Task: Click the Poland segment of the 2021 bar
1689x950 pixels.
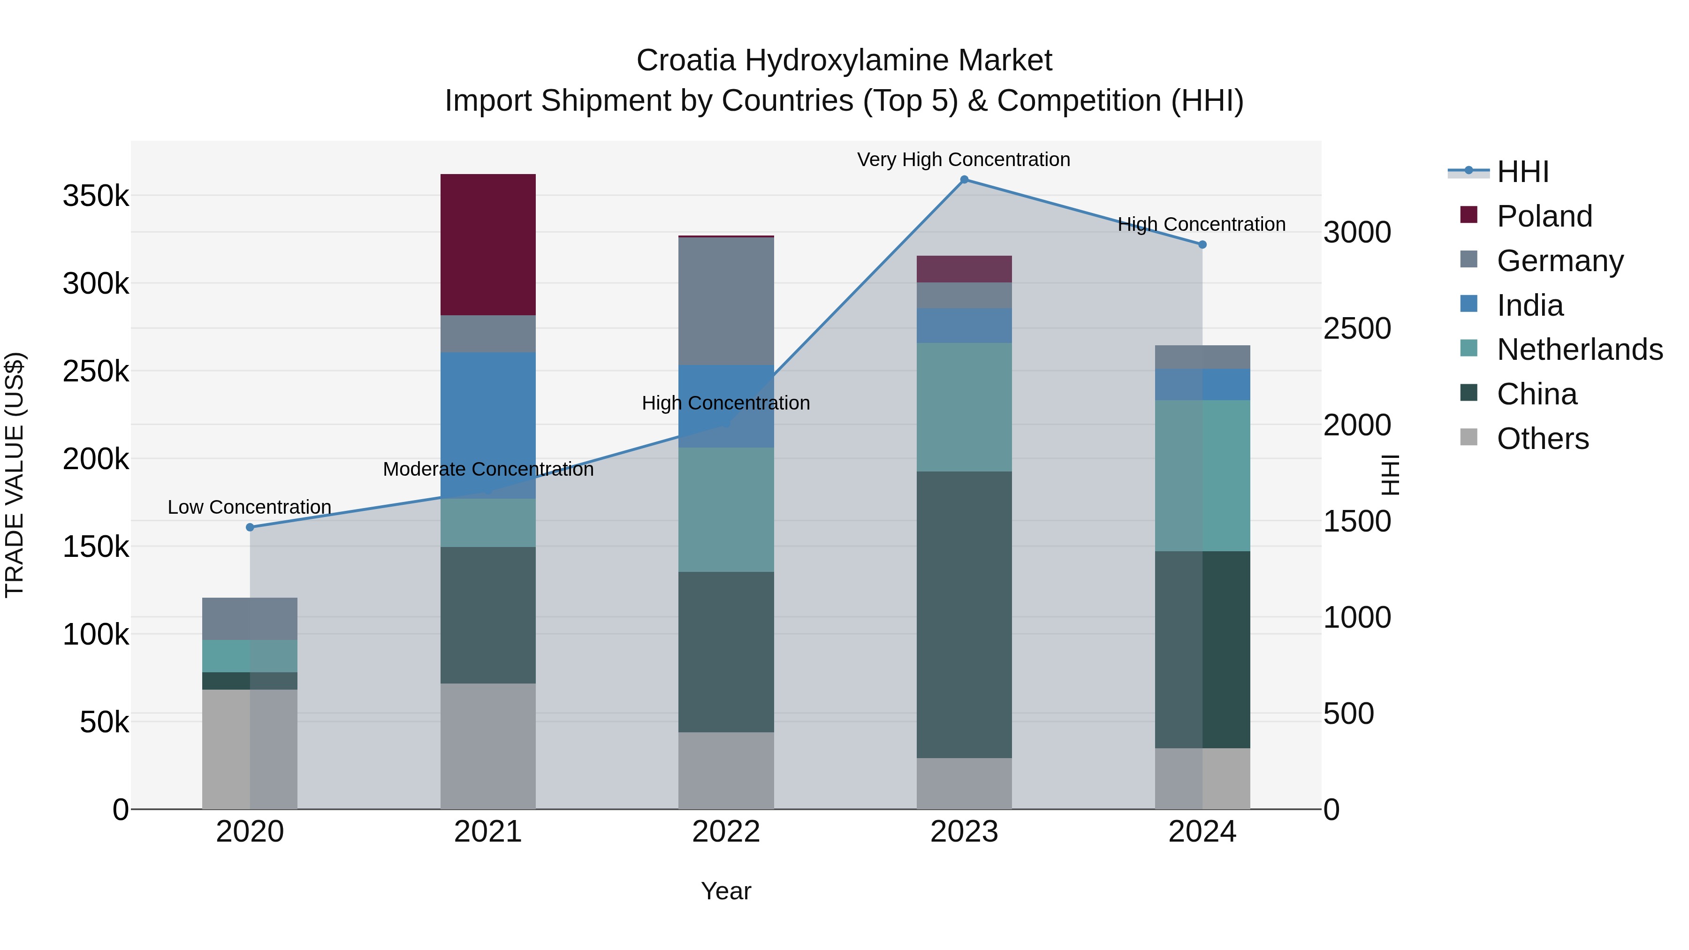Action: [x=488, y=244]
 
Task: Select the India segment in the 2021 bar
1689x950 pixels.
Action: [x=488, y=425]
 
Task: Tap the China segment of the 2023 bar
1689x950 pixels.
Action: [x=964, y=614]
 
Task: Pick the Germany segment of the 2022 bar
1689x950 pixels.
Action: [x=726, y=301]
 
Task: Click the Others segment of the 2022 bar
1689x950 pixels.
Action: [x=726, y=770]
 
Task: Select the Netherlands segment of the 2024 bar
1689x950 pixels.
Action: [x=1202, y=475]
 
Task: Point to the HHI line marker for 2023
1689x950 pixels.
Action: [x=964, y=180]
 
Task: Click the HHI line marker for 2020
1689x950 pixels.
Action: [x=250, y=527]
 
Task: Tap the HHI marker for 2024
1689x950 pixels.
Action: [x=1202, y=244]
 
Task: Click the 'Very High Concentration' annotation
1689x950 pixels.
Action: [x=963, y=160]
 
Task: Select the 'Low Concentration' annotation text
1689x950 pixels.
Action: [x=249, y=507]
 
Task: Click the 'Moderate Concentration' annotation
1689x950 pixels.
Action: [x=488, y=470]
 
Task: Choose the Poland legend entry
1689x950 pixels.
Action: [x=1544, y=216]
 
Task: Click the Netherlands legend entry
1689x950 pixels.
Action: [x=1580, y=350]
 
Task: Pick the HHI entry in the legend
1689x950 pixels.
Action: [x=1522, y=172]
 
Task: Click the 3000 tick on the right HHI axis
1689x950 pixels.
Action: [x=1356, y=232]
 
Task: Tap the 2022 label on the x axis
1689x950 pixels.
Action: [x=726, y=832]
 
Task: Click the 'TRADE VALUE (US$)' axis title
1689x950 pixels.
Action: [x=15, y=475]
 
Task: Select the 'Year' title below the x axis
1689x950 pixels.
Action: [x=726, y=891]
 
